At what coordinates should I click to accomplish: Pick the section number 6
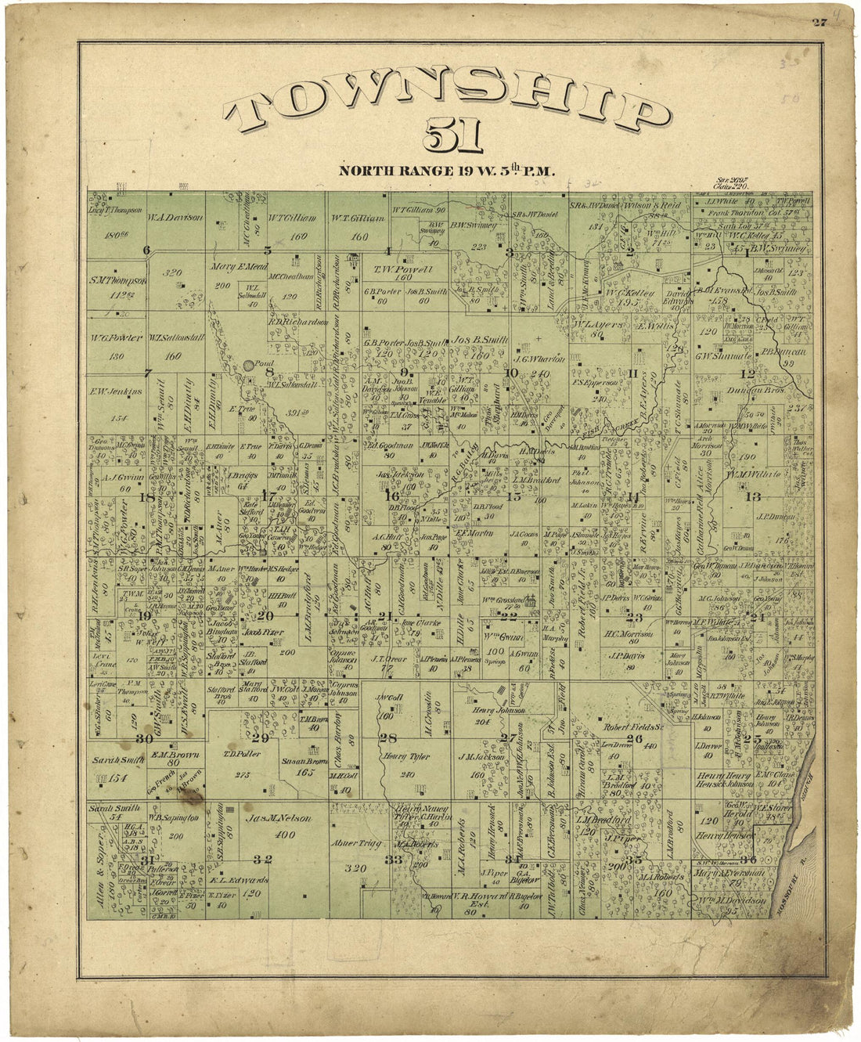click(x=146, y=251)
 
